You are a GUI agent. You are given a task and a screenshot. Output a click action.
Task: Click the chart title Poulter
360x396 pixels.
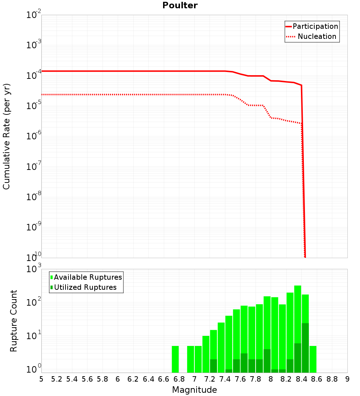click(180, 5)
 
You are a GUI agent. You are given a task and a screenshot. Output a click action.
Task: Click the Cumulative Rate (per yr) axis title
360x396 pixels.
click(6, 136)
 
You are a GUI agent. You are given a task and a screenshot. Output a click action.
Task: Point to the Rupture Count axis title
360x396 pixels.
click(14, 321)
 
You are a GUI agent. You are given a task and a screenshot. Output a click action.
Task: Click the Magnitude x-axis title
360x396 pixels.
click(194, 390)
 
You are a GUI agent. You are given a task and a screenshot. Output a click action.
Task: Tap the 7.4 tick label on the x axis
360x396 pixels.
click(225, 379)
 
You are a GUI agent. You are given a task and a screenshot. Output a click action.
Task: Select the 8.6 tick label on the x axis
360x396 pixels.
click(316, 379)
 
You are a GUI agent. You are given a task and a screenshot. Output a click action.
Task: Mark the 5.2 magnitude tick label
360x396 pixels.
click(57, 379)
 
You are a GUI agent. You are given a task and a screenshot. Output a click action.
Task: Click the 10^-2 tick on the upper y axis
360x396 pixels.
click(34, 15)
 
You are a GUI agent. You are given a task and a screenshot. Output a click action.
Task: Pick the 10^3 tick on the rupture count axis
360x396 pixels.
click(34, 269)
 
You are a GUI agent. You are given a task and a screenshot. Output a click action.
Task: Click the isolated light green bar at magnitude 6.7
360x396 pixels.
click(175, 359)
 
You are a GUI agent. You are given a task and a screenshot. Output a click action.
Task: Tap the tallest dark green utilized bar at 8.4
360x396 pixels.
click(305, 348)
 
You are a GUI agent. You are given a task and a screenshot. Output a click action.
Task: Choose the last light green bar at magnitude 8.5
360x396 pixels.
click(313, 359)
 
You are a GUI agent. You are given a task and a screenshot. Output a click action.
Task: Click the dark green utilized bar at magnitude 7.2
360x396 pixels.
click(213, 366)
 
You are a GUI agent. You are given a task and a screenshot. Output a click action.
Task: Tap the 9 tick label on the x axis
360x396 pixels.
click(347, 379)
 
